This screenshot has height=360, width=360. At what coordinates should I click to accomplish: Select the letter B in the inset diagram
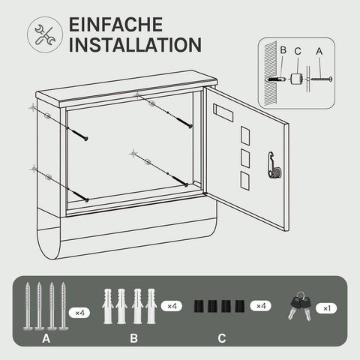click(x=283, y=50)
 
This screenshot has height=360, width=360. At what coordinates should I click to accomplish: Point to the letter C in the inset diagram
click(x=298, y=50)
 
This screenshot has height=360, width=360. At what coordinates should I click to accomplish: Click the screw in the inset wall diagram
click(x=320, y=77)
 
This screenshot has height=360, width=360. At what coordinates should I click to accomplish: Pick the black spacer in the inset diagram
click(x=297, y=77)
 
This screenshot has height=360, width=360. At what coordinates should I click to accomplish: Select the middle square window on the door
click(x=244, y=157)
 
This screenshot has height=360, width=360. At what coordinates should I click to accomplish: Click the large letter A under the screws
click(x=46, y=338)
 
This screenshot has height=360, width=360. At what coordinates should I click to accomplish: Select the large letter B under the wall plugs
click(x=133, y=338)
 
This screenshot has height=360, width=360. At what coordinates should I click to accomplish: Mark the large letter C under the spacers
click(x=221, y=338)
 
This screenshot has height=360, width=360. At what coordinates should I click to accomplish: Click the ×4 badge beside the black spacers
click(x=260, y=307)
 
